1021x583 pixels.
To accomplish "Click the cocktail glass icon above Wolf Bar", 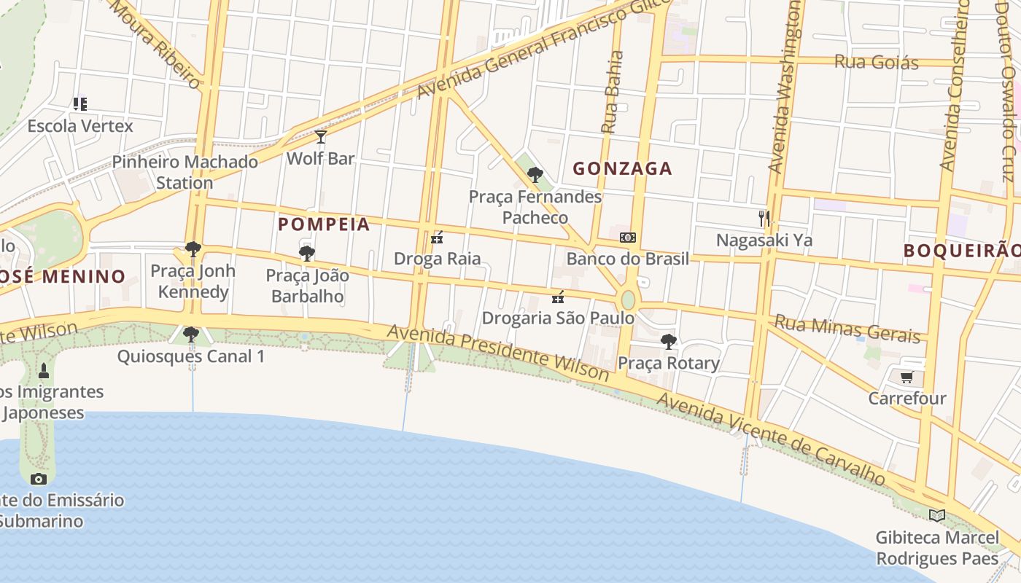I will click(x=320, y=137).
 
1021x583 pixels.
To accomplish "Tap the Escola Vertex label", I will click(x=80, y=126).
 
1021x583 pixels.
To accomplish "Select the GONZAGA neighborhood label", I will click(x=622, y=169).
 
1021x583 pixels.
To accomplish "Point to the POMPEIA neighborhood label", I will click(x=325, y=224).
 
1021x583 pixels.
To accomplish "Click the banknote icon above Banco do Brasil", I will click(x=628, y=238).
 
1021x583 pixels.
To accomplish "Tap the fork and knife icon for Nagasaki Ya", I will click(x=764, y=217).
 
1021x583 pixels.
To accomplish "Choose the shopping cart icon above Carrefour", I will click(x=907, y=377).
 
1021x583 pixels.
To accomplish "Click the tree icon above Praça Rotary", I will click(x=668, y=341).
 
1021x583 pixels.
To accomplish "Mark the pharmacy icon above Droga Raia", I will click(x=437, y=237).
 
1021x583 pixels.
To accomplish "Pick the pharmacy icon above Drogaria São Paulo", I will click(x=558, y=297).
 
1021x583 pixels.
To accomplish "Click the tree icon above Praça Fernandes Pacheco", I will click(x=535, y=174).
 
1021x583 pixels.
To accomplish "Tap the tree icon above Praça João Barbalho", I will click(x=307, y=254).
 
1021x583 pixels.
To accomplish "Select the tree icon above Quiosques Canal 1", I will click(x=191, y=334).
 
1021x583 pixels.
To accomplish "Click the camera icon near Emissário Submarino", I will click(x=39, y=479).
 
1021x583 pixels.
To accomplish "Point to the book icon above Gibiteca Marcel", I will click(x=936, y=516).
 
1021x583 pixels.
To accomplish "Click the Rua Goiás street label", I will click(x=876, y=62).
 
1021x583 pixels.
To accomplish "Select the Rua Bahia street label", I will click(x=612, y=91).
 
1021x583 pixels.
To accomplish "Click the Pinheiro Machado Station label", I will click(x=185, y=172).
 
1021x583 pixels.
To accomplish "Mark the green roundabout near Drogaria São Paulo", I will click(x=628, y=300).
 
